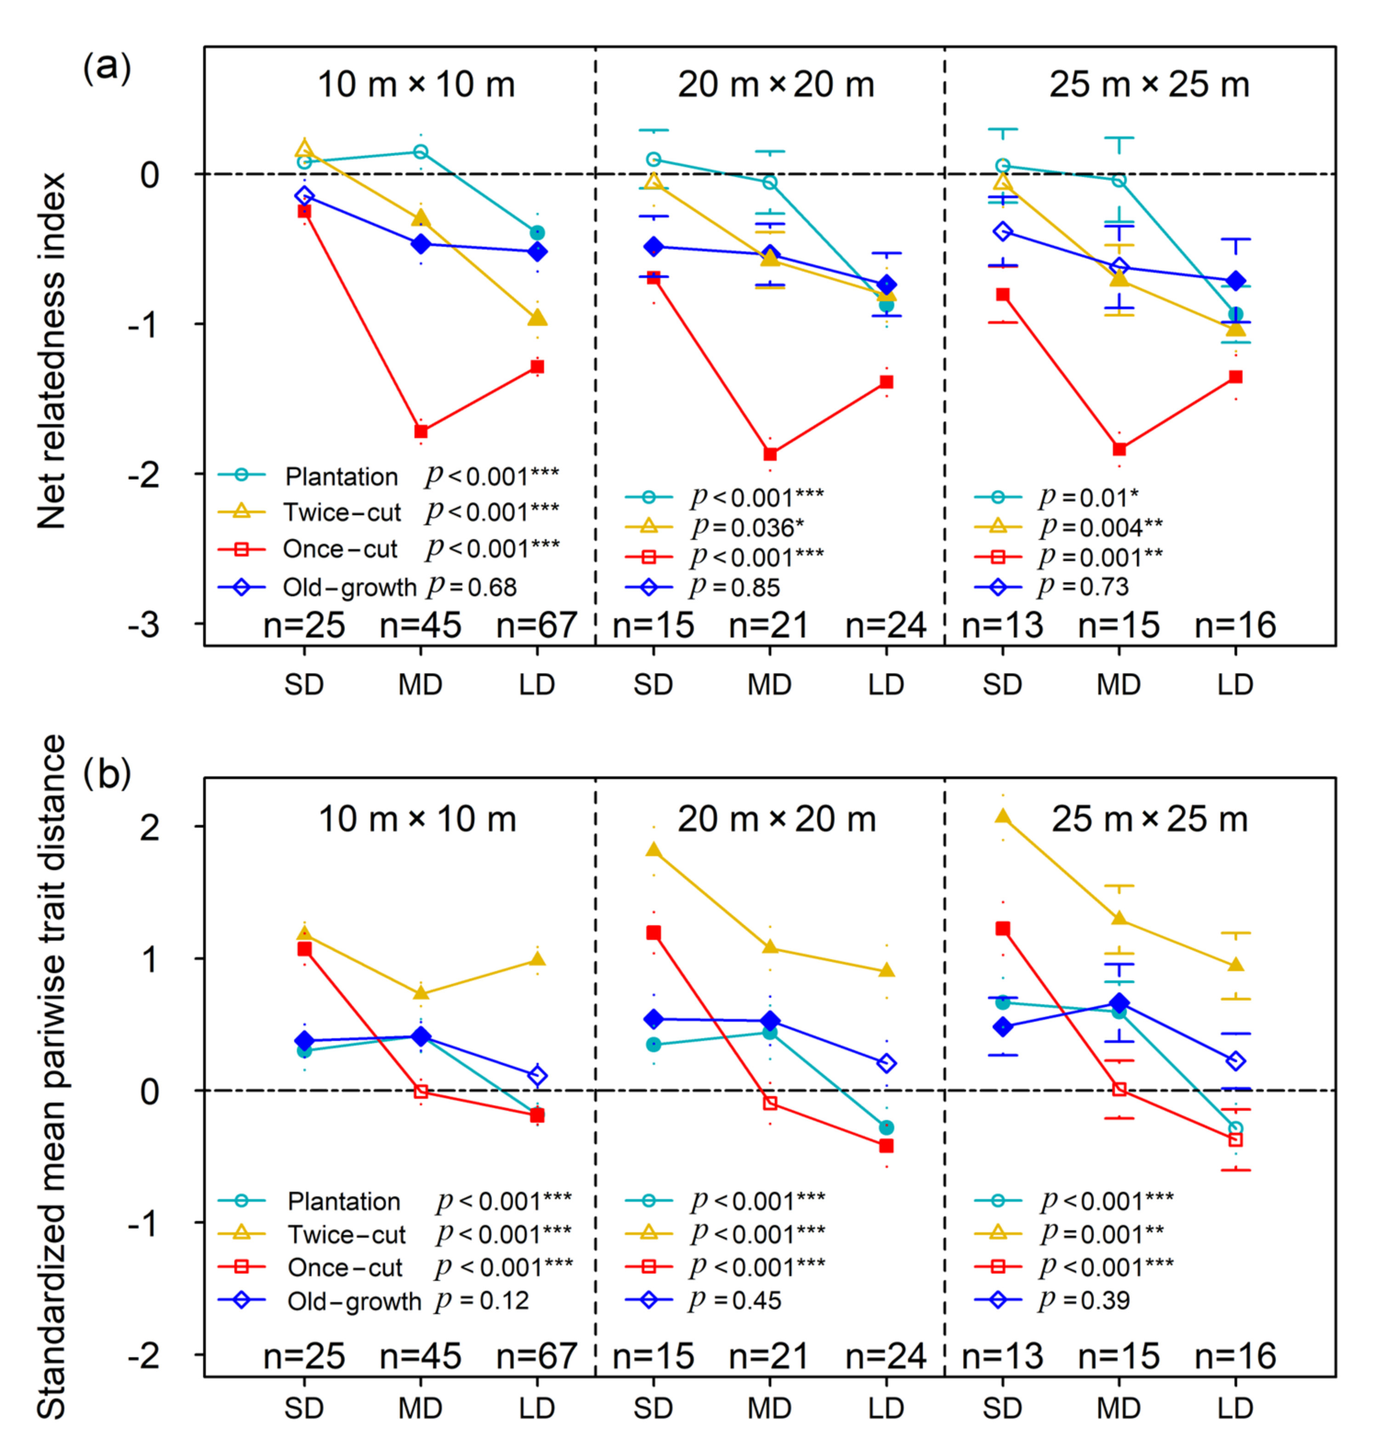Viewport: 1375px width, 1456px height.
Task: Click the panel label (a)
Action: click(107, 68)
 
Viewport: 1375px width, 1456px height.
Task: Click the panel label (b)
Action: click(107, 774)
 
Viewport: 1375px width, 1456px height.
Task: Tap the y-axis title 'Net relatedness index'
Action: click(52, 350)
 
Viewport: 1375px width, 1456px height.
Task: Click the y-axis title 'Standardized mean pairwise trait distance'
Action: click(52, 1078)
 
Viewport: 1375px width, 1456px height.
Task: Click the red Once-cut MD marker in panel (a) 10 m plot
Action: click(420, 431)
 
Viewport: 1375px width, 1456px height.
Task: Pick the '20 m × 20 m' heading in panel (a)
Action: click(775, 85)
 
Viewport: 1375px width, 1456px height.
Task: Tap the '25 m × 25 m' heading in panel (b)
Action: click(1149, 819)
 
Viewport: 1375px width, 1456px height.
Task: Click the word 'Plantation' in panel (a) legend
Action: click(341, 477)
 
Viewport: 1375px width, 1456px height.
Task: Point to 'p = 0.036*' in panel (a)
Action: click(748, 527)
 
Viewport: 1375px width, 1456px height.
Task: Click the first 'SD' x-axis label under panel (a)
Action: click(303, 685)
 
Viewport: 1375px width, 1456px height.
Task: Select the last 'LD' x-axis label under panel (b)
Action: click(1235, 1408)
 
